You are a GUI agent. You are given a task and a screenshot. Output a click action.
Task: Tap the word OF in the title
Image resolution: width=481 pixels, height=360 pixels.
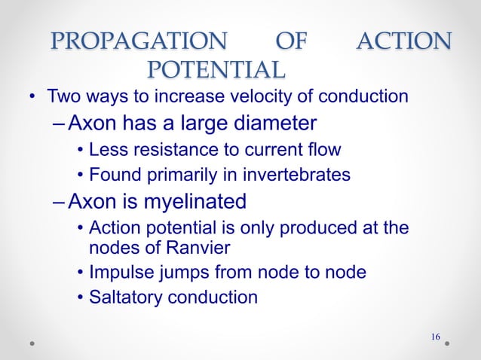point(291,41)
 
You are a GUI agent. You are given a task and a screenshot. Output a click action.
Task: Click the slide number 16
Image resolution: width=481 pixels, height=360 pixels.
point(435,335)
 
